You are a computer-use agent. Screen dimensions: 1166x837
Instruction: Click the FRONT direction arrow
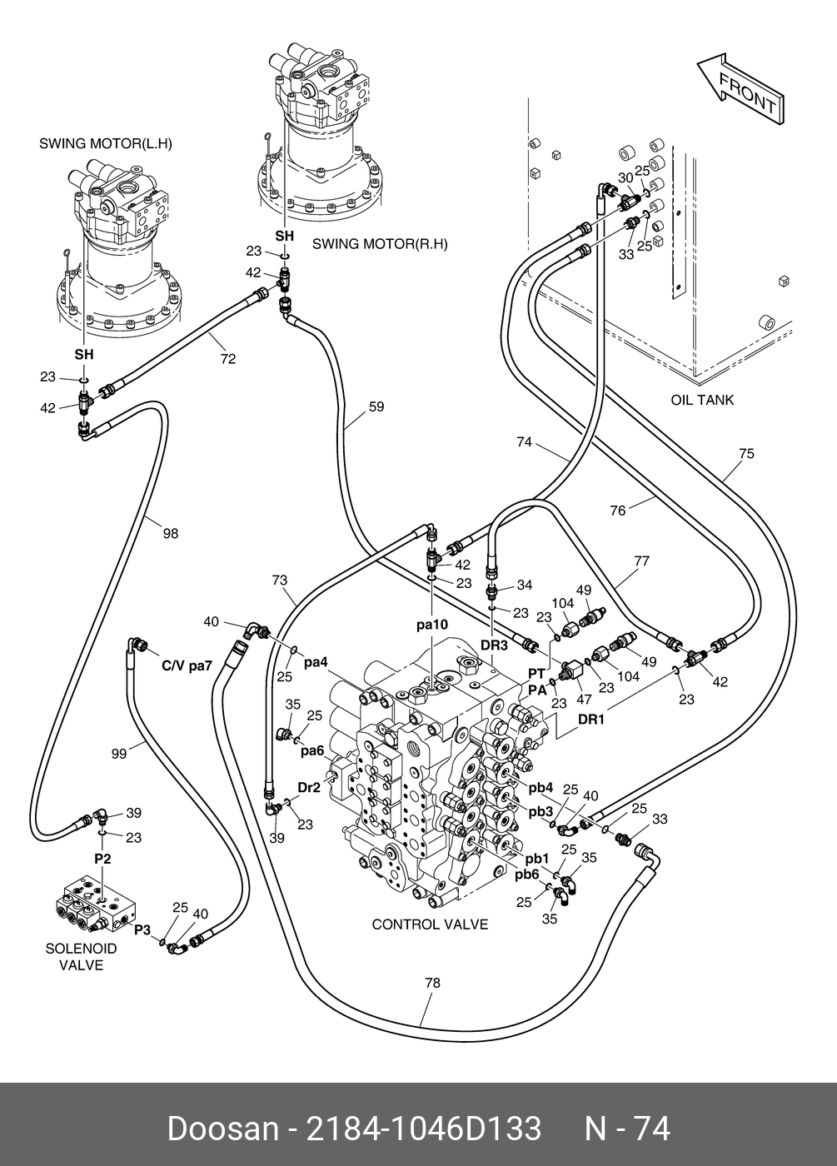[x=740, y=88]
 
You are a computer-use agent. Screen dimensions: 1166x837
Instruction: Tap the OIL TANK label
[x=702, y=400]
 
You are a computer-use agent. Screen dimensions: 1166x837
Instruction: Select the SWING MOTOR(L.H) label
[x=106, y=143]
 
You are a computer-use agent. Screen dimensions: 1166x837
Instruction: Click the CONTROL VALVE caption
[x=430, y=924]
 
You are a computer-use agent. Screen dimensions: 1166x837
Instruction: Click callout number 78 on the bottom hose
[x=431, y=983]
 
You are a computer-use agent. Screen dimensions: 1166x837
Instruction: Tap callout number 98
[x=170, y=533]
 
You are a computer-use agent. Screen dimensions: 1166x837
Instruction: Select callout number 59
[x=376, y=407]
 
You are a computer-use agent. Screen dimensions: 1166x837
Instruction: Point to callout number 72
[x=228, y=359]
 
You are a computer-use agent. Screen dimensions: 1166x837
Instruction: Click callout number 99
[x=119, y=753]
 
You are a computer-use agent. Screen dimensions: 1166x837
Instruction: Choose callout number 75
[x=746, y=454]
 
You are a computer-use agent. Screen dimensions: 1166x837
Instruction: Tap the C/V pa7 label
[x=187, y=666]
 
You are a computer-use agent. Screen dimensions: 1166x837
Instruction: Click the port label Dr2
[x=308, y=787]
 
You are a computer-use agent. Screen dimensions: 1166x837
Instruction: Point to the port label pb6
[x=526, y=874]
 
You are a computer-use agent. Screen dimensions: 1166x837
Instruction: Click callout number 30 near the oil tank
[x=625, y=177]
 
